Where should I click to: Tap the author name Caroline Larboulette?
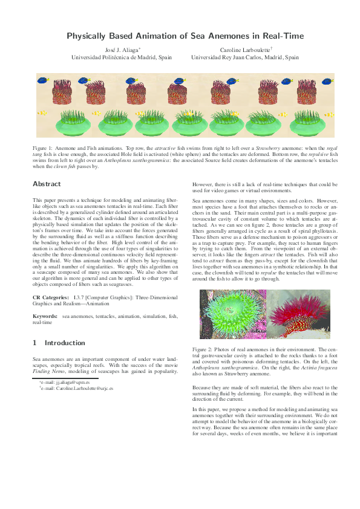click(244, 50)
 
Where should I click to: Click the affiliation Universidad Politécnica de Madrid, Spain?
click(122, 58)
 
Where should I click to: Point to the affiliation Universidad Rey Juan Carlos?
click(245, 58)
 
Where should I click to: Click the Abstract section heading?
click(47, 184)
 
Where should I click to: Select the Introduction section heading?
click(55, 343)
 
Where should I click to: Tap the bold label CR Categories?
click(50, 298)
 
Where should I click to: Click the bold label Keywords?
click(45, 316)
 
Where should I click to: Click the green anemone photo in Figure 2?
click(233, 314)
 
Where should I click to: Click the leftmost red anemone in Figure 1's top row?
click(58, 94)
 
